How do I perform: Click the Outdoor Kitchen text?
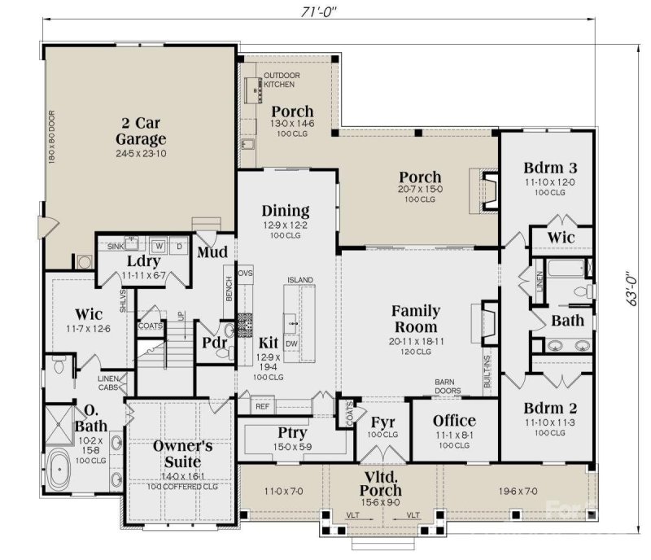[282, 80]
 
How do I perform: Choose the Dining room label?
[285, 211]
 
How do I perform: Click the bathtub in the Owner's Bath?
[62, 470]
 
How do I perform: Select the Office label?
[454, 421]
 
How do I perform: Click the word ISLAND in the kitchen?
[299, 280]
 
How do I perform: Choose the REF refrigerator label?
[262, 405]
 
